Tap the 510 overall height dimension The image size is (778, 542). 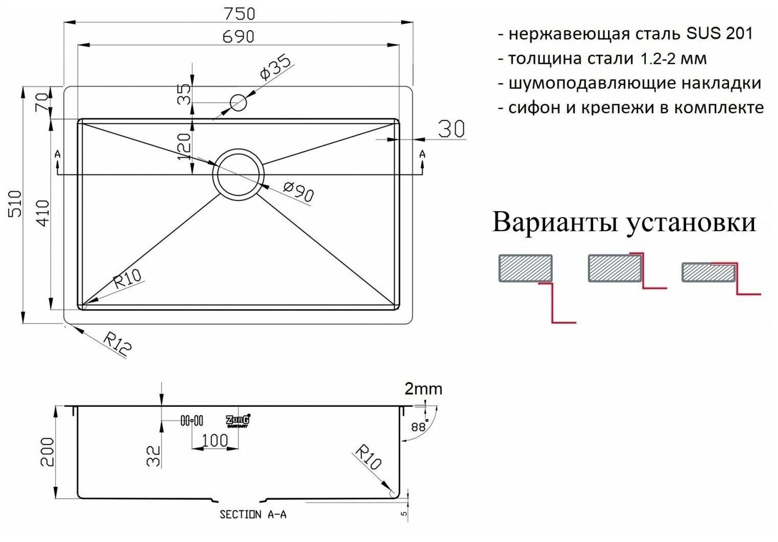click(15, 203)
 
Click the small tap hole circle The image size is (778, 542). click(238, 103)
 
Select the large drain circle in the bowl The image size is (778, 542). click(238, 174)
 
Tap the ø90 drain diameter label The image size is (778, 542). click(298, 193)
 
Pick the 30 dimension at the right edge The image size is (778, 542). click(451, 129)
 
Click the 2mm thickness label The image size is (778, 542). click(423, 389)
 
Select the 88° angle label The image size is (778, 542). click(419, 427)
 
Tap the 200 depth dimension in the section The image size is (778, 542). click(47, 451)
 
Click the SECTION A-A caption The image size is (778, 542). click(253, 514)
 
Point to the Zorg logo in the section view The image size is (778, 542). click(238, 421)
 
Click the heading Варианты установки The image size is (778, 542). click(624, 223)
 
